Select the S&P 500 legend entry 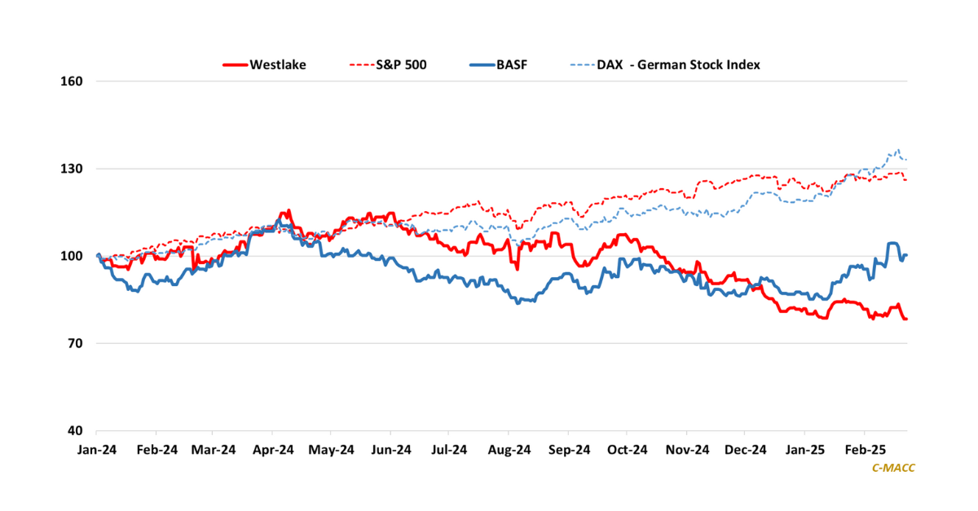pos(400,64)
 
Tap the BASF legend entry pos(512,64)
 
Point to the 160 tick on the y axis pos(74,81)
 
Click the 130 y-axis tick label pos(74,169)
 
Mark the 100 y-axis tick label pos(74,256)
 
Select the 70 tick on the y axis pos(77,344)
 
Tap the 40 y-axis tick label pos(77,431)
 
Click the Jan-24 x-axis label pos(97,449)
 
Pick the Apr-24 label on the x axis pos(273,449)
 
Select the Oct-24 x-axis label pos(627,449)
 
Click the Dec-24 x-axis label pos(745,449)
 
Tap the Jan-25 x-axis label pos(804,449)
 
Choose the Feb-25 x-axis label pos(864,449)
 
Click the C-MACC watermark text pos(893,468)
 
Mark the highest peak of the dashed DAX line pos(898,150)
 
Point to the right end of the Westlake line pos(906,319)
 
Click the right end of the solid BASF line pos(906,255)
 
